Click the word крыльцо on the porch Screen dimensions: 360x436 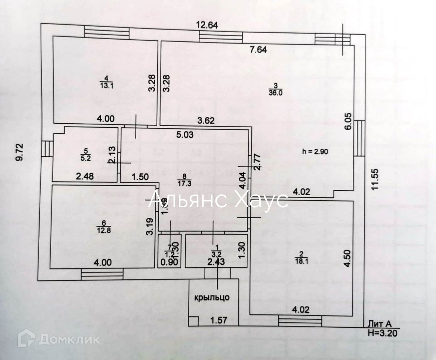(x=212, y=297)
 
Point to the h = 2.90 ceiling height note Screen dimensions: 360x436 (x=315, y=152)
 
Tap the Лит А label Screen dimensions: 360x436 (x=379, y=324)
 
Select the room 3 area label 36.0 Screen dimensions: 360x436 (x=275, y=92)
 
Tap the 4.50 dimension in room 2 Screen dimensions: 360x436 (x=348, y=258)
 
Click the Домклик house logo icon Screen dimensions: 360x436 (x=27, y=338)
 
